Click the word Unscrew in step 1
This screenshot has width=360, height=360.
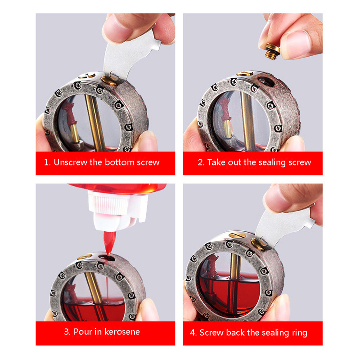click(x=71, y=162)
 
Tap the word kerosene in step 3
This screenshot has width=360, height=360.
click(x=122, y=332)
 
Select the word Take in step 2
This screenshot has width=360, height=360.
click(x=216, y=162)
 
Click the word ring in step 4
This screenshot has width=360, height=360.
click(x=299, y=333)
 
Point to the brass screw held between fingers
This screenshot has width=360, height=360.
click(x=272, y=51)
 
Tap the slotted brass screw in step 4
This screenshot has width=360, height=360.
click(x=238, y=234)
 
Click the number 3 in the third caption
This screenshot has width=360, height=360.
click(x=67, y=332)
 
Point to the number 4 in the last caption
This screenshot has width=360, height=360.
click(x=192, y=333)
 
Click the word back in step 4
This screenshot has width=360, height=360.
click(x=235, y=333)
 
